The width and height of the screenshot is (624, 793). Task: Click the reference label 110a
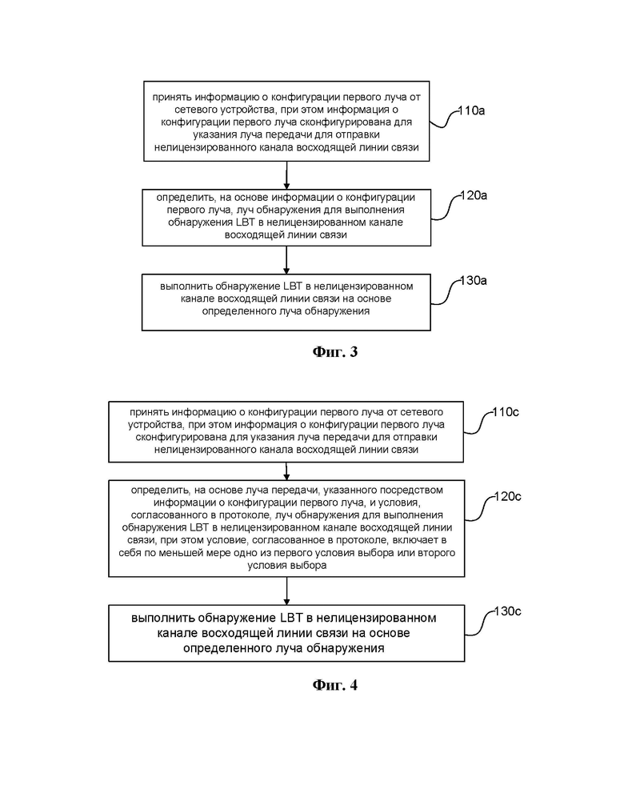coord(471,110)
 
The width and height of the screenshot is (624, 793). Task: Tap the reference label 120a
coord(474,195)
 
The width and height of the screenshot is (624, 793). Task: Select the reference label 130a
coord(474,280)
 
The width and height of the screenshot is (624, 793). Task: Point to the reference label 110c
coord(506,411)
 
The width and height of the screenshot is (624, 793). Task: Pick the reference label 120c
coord(508,496)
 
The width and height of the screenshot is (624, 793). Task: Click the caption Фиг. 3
coord(334,351)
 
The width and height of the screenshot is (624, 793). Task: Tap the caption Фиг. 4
coord(334,685)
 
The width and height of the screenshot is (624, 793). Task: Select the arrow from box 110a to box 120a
coord(286,175)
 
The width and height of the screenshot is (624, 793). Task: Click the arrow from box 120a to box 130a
coord(286,260)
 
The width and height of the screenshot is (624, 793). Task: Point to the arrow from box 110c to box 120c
coord(286,471)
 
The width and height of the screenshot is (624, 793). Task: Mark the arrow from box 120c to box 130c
coord(286,591)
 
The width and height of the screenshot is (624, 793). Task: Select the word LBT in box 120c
coord(199,527)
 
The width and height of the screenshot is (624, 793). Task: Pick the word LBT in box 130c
coord(291,618)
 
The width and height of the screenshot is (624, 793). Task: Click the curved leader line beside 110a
coord(444,119)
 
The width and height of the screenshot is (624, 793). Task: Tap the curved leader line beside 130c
coord(479,623)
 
